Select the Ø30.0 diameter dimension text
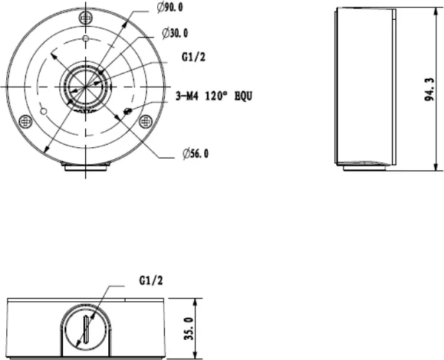click(175, 33)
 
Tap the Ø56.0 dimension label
click(195, 154)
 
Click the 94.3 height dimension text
click(429, 89)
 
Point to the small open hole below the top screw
click(87, 38)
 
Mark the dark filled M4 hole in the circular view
click(129, 111)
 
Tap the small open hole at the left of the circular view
click(43, 111)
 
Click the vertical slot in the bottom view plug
click(87, 330)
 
